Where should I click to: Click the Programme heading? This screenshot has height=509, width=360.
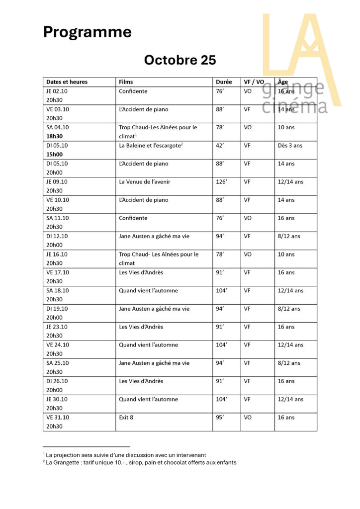point(87,32)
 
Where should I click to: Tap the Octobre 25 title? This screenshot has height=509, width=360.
point(180,60)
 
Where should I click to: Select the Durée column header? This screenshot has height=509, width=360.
point(224,82)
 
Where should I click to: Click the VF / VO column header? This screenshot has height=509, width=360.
point(254,82)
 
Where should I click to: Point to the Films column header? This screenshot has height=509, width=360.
point(126,82)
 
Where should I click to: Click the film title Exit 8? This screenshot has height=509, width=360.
point(126,418)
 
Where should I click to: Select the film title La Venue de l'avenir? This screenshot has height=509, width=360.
point(144,182)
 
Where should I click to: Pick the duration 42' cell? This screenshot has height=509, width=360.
point(220,146)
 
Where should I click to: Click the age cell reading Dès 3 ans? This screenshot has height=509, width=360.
point(290,146)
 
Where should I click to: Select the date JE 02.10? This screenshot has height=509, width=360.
point(57,91)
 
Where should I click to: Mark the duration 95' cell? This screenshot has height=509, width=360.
point(220,418)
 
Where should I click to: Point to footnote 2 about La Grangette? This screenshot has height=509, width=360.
point(140,462)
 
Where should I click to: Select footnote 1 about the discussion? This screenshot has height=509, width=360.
point(124,455)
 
